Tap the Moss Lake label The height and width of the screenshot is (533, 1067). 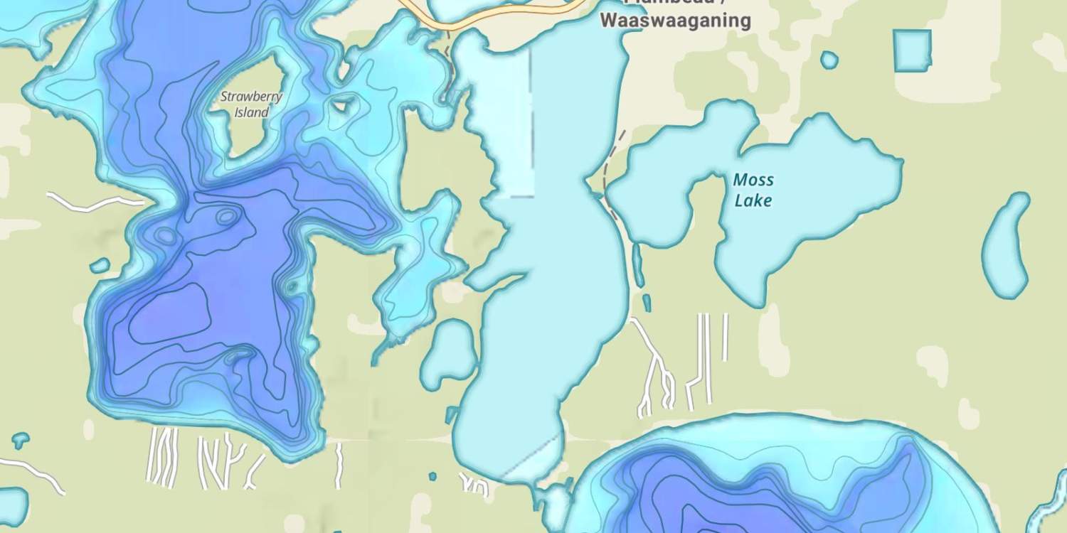pos(753,190)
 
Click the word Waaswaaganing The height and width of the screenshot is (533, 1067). pos(675,21)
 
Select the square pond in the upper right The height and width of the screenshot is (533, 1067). pos(912,50)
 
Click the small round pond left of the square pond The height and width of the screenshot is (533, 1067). pos(829,60)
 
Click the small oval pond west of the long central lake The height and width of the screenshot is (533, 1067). pos(449,353)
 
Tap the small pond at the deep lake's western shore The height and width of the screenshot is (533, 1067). pos(100,266)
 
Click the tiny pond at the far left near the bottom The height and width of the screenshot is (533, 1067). pos(20,441)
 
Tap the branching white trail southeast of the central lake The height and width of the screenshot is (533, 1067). pos(653,362)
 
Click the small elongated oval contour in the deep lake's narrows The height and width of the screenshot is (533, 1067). pos(226,216)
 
